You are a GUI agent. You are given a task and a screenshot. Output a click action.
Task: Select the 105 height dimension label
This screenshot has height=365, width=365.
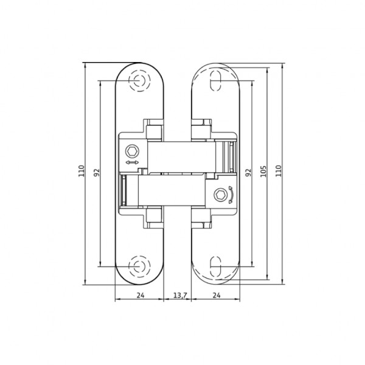coord(263,172)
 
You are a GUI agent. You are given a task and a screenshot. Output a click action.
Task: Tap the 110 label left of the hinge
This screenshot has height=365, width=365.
coord(82,172)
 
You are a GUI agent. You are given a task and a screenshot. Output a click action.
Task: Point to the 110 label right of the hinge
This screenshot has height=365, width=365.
coord(279,172)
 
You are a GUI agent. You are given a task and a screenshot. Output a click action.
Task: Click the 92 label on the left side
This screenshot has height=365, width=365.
coord(96,172)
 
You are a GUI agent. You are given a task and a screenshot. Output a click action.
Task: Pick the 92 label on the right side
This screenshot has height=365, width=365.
coord(248,172)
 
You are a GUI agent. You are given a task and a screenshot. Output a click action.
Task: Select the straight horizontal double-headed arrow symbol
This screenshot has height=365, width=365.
coord(131,163)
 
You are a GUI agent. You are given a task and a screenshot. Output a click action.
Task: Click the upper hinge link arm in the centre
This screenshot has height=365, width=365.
coord(182,157)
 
